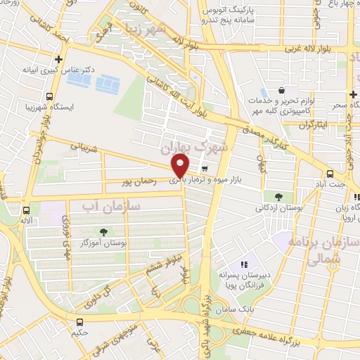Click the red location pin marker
pos(181,167)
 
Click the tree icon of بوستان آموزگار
pos(104,231)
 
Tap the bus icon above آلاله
pos(26,210)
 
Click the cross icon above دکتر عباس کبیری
pos(59,60)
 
